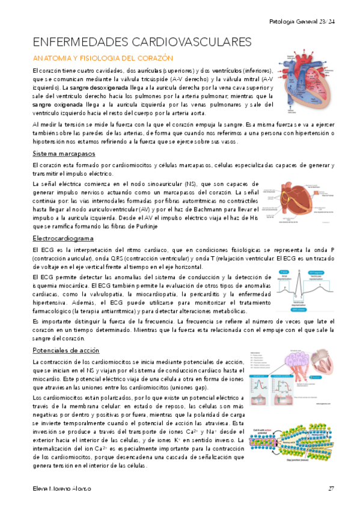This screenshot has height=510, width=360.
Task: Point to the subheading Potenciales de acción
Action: (66, 350)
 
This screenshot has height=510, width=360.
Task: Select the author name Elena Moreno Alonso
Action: (61, 488)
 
